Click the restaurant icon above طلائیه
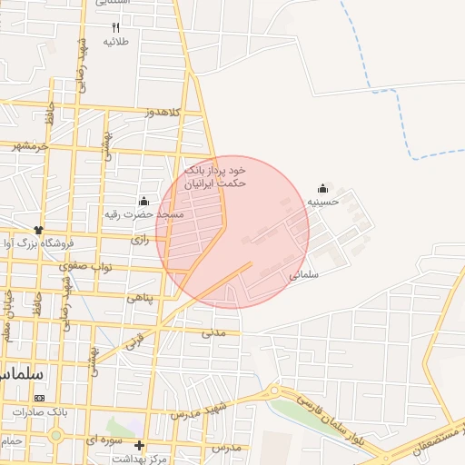[x=115, y=28]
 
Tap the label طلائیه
[x=115, y=42]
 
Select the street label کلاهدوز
[x=163, y=112]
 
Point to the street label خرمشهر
[x=30, y=145]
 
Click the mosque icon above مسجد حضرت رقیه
[x=143, y=201]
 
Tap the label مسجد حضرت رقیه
[x=143, y=214]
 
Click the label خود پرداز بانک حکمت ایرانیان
[x=216, y=176]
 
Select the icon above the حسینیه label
[x=323, y=188]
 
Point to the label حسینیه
[x=322, y=202]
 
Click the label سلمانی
[x=305, y=272]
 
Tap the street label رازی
[x=140, y=240]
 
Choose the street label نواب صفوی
[x=84, y=267]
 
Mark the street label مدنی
[x=213, y=332]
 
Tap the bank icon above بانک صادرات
[x=39, y=398]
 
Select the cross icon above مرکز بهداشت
[x=139, y=445]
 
